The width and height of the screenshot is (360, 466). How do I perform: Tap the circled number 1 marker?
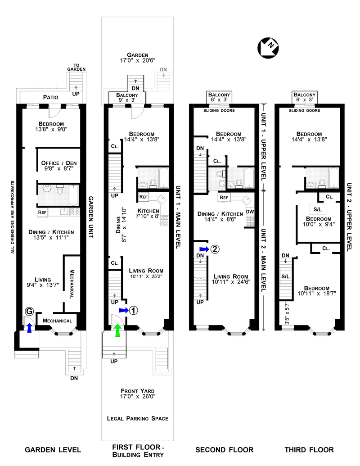[134, 310]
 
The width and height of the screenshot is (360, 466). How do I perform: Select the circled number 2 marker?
[215, 249]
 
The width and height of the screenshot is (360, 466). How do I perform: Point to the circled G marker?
[29, 311]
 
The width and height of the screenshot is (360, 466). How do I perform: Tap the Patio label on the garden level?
[52, 97]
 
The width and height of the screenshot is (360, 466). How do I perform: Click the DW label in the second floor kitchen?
[250, 211]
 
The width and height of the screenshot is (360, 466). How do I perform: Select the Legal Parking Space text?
[137, 419]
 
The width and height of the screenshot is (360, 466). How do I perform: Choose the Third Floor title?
[309, 450]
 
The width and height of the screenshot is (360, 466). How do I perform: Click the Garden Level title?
[53, 450]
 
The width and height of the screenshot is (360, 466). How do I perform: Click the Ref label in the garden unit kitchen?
[42, 212]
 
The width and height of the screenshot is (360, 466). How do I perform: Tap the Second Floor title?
[224, 450]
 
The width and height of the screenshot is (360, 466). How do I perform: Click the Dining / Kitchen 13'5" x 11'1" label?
[50, 235]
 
